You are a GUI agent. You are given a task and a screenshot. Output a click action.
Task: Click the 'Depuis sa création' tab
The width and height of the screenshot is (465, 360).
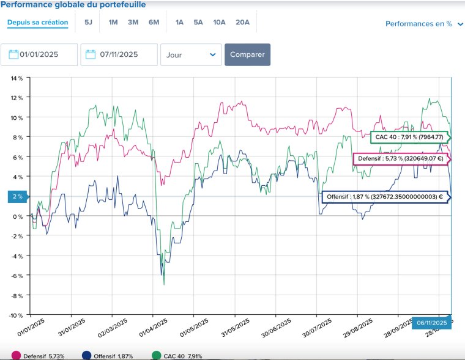38,23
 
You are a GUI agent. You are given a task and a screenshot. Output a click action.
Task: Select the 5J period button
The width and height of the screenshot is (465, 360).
88,23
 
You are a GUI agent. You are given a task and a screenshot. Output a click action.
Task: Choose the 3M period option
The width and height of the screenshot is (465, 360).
133,23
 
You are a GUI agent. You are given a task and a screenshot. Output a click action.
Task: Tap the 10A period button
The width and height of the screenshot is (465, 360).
219,23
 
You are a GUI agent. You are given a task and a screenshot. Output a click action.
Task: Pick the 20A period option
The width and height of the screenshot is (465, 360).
242,23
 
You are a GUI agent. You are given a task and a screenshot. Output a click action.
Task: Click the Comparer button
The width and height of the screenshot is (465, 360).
247,54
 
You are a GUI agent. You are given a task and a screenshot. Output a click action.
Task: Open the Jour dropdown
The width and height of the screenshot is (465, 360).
191,54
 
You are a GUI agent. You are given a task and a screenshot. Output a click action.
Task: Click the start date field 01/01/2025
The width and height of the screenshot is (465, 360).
39,54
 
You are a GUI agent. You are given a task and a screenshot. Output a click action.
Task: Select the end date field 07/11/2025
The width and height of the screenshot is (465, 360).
119,54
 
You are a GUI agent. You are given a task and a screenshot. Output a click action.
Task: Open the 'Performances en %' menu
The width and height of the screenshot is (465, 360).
424,24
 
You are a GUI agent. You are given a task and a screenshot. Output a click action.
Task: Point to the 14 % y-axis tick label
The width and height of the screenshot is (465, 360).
17,78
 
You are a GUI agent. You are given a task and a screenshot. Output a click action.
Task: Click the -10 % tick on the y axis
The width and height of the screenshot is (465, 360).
16,315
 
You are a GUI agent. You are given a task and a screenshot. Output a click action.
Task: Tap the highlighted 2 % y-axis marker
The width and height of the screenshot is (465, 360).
18,196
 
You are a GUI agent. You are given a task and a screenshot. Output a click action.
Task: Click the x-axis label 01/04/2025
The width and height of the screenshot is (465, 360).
154,328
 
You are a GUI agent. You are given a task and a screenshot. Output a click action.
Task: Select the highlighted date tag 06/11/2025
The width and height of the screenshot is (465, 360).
431,323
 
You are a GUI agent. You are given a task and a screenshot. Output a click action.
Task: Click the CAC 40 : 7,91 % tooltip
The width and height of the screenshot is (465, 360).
411,137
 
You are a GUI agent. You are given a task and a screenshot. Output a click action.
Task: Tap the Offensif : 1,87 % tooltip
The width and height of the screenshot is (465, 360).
386,197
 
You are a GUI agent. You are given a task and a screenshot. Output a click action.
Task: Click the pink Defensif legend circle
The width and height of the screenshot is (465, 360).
16,356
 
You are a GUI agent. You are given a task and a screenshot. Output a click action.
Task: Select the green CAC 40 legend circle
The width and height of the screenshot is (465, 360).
156,356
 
